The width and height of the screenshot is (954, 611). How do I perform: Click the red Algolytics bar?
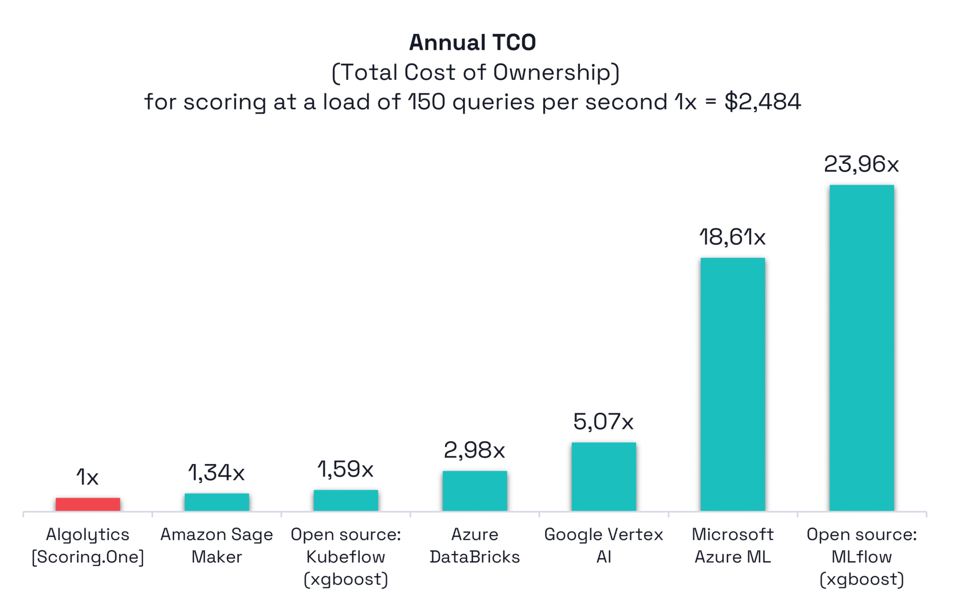(x=87, y=504)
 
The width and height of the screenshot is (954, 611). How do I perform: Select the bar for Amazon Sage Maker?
(x=217, y=502)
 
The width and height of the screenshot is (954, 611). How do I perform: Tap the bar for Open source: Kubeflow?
(x=346, y=500)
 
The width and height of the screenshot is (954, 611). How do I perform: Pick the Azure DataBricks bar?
(x=475, y=491)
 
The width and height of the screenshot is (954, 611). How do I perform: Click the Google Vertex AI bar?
(x=604, y=476)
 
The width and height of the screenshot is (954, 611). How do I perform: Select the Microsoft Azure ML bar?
(x=732, y=384)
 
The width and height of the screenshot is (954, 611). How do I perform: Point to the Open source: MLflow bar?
(x=862, y=348)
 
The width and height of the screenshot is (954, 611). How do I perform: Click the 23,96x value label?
(x=862, y=164)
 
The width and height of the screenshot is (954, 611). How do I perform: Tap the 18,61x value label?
(x=732, y=237)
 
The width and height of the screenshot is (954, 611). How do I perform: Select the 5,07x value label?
(x=604, y=422)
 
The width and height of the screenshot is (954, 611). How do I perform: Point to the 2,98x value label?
(x=475, y=451)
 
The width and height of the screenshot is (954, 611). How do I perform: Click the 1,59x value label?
(x=346, y=469)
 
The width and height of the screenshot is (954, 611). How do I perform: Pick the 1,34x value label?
(x=217, y=473)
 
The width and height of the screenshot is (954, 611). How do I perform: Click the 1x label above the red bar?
(x=87, y=477)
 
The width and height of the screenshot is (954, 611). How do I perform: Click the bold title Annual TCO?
(x=473, y=43)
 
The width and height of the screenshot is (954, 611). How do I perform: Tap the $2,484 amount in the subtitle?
(x=763, y=102)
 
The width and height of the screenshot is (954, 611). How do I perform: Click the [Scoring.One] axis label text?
(x=87, y=557)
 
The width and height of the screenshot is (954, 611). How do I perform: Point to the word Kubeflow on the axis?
(x=346, y=557)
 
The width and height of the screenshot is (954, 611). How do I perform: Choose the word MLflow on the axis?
(x=862, y=557)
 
